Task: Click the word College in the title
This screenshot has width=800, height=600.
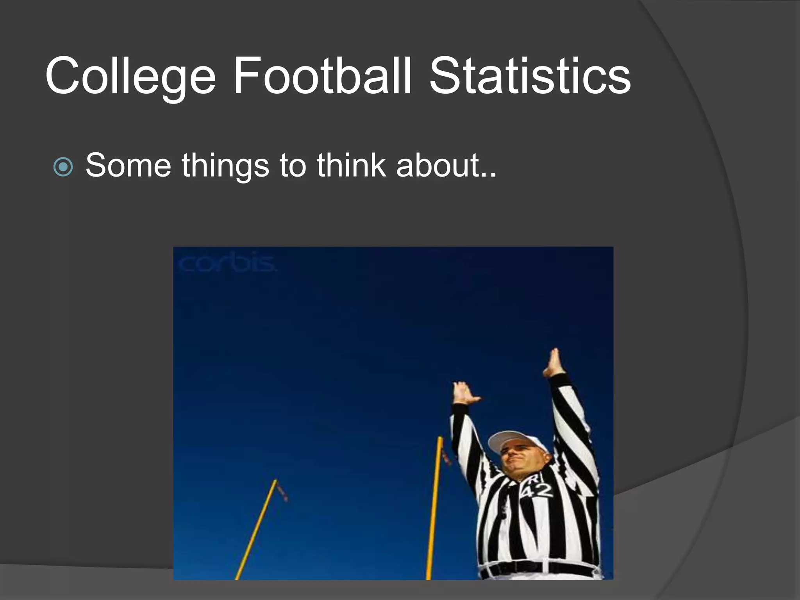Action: point(130,76)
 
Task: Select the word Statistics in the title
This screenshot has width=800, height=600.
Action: point(530,76)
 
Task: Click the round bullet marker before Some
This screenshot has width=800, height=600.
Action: point(63,167)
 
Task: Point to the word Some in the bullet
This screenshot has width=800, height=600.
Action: point(128,166)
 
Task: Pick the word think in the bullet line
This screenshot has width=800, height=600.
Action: point(351,165)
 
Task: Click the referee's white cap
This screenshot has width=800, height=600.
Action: point(512,440)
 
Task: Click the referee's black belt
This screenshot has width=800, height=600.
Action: point(539,567)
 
